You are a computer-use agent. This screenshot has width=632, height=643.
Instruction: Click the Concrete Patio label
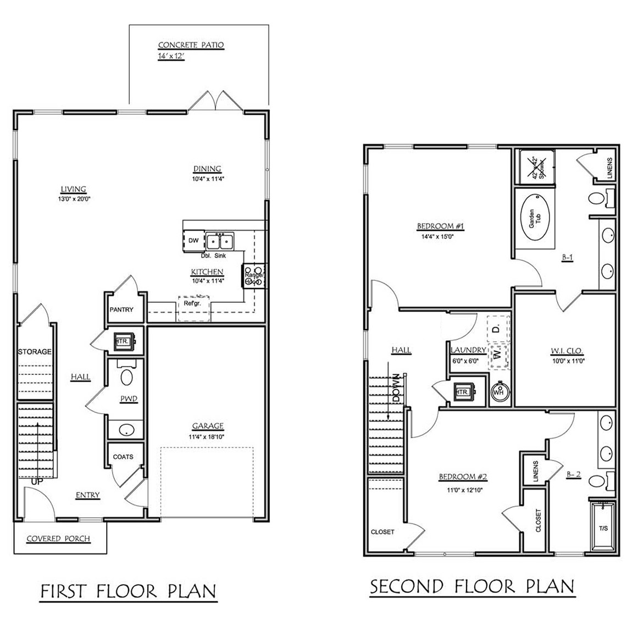coord(191,45)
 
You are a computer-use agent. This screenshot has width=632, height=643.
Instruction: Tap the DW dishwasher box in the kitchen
coord(193,241)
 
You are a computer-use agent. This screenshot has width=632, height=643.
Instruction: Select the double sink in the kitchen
coord(220,241)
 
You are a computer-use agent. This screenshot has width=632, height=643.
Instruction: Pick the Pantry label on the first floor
coord(121,309)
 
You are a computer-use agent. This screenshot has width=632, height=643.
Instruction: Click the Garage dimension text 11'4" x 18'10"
coord(208,437)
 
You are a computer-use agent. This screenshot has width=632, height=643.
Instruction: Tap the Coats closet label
coord(123,457)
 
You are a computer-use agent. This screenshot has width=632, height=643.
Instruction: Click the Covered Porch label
coord(59,538)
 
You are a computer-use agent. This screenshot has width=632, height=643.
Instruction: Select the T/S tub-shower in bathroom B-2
coord(603,528)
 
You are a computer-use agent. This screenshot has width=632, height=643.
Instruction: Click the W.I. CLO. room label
coord(566,351)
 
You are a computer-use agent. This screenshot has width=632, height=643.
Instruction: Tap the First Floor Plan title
coord(129,591)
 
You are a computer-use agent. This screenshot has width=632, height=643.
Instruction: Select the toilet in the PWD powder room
coord(127,378)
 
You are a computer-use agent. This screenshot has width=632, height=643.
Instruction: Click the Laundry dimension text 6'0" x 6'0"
coord(465,361)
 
